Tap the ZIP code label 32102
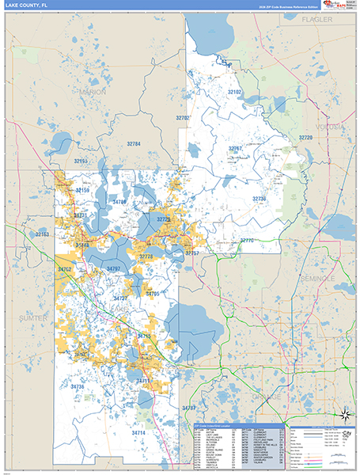(x=235, y=92)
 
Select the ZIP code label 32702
(x=183, y=118)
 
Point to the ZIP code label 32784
(x=133, y=144)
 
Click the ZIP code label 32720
(x=305, y=138)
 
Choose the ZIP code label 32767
(x=235, y=149)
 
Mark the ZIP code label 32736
(x=260, y=199)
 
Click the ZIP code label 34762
(x=65, y=270)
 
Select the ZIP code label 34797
(x=113, y=269)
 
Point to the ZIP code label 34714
(x=138, y=433)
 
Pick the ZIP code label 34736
(x=78, y=386)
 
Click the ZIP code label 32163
(x=42, y=234)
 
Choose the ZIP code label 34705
(x=153, y=294)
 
